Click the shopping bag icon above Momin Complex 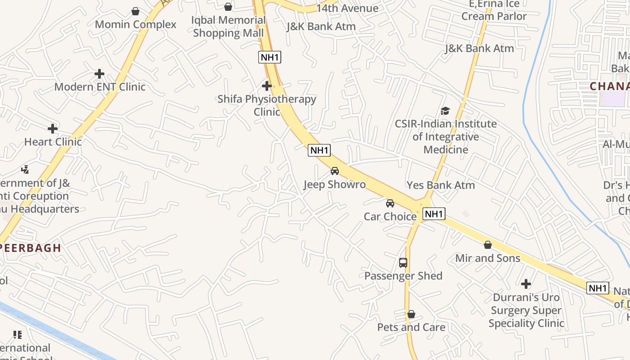click(135, 11)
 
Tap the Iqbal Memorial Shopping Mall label click(229, 27)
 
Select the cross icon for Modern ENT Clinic click(99, 74)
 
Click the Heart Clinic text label click(53, 142)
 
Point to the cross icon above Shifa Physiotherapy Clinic click(267, 85)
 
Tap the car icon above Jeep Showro click(335, 171)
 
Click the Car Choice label click(390, 216)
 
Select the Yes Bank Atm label click(441, 185)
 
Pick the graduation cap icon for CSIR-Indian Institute click(445, 111)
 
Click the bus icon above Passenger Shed click(403, 263)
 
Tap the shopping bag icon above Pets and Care click(411, 314)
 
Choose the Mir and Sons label click(488, 258)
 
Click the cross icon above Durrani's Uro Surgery click(526, 284)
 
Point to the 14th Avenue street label click(347, 8)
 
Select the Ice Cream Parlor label click(494, 11)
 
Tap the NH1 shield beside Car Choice click(434, 214)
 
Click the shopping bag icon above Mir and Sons click(488, 245)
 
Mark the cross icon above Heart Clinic click(53, 129)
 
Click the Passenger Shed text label click(403, 276)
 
